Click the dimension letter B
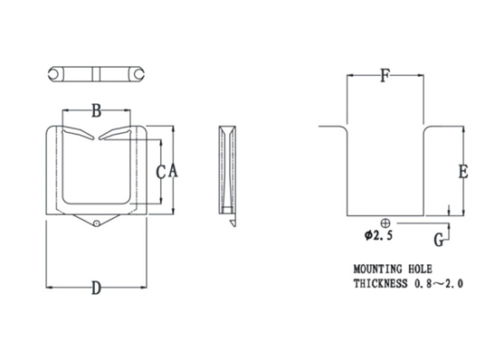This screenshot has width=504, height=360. click(97, 110)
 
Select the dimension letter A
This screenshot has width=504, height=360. click(173, 171)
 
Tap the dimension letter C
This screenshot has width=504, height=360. click(161, 172)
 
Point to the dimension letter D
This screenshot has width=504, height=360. click(97, 288)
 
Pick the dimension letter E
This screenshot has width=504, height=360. click(463, 171)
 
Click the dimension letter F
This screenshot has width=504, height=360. click(385, 76)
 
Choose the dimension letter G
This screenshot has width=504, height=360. click(439, 240)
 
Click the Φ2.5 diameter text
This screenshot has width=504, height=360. click(378, 235)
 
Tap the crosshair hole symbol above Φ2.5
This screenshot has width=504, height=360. click(385, 223)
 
